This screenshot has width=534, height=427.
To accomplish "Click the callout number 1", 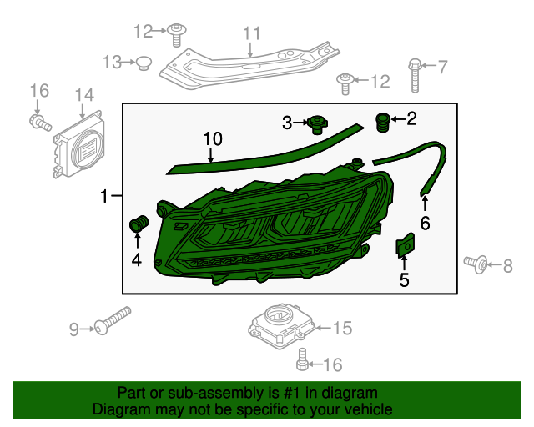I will (x=104, y=198).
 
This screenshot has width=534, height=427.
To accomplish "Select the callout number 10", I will (x=212, y=138).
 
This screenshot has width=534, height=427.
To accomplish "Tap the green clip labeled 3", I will (x=316, y=124).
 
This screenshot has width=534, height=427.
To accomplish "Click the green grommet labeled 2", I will (x=385, y=122).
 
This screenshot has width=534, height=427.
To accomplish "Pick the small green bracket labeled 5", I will (x=405, y=246).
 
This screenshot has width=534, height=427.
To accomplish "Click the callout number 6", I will (x=425, y=224).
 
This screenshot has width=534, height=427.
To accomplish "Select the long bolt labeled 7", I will (x=415, y=74).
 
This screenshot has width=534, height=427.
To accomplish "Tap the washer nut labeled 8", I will (x=479, y=265).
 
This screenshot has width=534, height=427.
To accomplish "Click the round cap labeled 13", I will (x=143, y=63).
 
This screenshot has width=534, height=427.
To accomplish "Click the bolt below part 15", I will (x=302, y=360).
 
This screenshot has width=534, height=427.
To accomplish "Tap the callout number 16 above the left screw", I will (x=39, y=90).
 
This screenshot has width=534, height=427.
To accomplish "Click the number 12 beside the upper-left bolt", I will (x=144, y=32).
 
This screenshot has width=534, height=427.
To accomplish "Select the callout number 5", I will (x=404, y=280).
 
